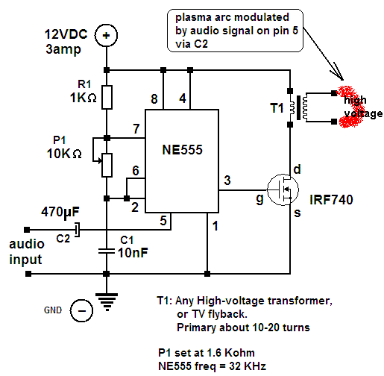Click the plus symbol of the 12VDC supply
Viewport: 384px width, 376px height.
pyautogui.click(x=107, y=35)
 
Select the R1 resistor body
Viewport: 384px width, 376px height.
pyautogui.click(x=107, y=97)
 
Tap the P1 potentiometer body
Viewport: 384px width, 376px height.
pyautogui.click(x=107, y=166)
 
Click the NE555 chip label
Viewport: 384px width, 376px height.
pyautogui.click(x=182, y=150)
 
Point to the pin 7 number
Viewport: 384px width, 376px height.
pyautogui.click(x=136, y=129)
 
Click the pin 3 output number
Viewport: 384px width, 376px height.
pyautogui.click(x=227, y=181)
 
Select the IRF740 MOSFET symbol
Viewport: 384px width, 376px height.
pyautogui.click(x=283, y=189)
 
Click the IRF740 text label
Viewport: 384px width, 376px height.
pyautogui.click(x=331, y=200)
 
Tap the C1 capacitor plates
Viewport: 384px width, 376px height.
pyautogui.click(x=107, y=251)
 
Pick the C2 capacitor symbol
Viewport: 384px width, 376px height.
pyautogui.click(x=78, y=230)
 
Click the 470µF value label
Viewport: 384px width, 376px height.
pyautogui.click(x=60, y=213)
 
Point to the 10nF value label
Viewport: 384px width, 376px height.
pyautogui.click(x=133, y=253)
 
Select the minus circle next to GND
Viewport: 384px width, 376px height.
pyautogui.click(x=81, y=310)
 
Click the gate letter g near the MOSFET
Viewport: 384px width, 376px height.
pyautogui.click(x=259, y=199)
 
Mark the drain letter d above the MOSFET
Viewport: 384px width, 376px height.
pyautogui.click(x=298, y=169)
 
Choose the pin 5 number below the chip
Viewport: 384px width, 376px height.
pyautogui.click(x=163, y=221)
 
